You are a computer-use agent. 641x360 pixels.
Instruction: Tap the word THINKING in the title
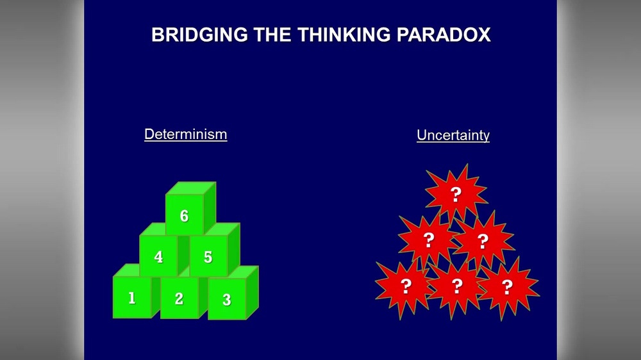tap(339, 35)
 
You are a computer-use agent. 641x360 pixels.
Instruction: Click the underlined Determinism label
tap(185, 135)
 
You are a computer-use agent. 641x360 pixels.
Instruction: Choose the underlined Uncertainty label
tap(453, 135)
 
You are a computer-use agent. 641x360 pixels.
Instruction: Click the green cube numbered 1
tap(132, 298)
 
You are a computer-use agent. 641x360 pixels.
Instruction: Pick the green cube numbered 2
tap(179, 299)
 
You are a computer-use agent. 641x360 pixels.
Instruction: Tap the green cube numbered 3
tap(226, 299)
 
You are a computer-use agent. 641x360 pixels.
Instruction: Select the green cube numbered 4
tap(158, 257)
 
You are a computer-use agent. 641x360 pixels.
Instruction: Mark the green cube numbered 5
tap(208, 257)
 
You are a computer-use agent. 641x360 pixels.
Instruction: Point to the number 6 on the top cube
tap(184, 216)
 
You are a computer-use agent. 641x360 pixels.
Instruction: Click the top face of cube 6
tap(190, 188)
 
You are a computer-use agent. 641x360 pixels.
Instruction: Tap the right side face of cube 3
tap(252, 293)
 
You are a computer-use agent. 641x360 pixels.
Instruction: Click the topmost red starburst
tap(456, 193)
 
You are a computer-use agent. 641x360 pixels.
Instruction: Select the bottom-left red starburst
tap(405, 286)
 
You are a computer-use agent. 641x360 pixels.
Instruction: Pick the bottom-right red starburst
tap(507, 286)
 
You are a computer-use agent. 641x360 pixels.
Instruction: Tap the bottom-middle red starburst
tap(456, 286)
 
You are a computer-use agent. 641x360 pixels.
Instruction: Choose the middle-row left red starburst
tap(429, 240)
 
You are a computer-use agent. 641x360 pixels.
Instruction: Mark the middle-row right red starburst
tap(483, 240)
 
